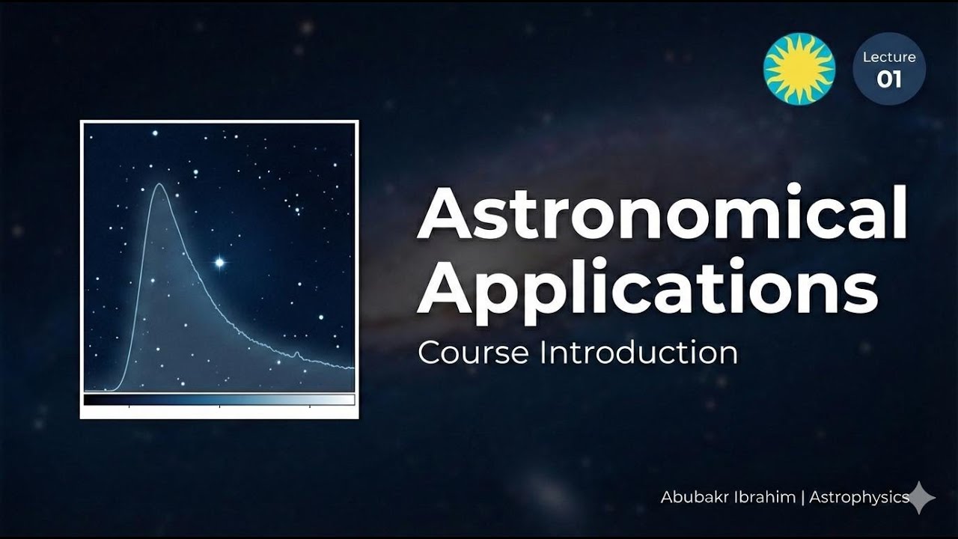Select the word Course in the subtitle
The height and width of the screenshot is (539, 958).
[473, 353]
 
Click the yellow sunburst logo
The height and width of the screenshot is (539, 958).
[799, 69]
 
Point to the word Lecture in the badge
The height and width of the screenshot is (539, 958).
[889, 58]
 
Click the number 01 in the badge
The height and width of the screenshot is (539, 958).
[889, 79]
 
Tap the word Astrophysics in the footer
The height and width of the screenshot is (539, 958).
[859, 497]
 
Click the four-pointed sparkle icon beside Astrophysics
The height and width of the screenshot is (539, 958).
[921, 498]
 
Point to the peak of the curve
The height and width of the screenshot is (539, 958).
[159, 184]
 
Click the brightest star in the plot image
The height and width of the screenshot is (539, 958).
[219, 262]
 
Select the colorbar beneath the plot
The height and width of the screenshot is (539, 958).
[219, 400]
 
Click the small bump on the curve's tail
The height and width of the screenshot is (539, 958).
[296, 353]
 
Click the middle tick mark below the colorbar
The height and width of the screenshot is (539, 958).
[219, 407]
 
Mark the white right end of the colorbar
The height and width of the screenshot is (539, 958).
[348, 400]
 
